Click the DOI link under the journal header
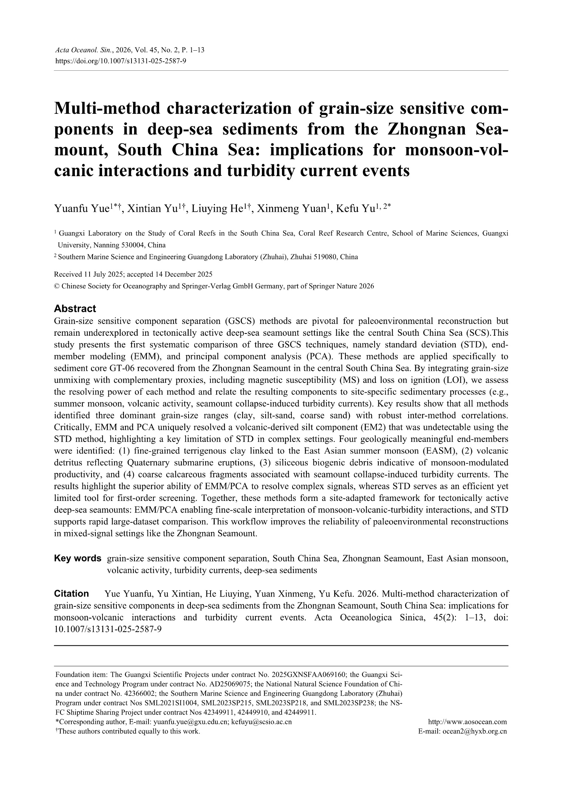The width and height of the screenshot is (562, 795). point(120,60)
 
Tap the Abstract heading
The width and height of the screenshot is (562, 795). point(75,308)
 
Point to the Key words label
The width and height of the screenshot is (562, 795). point(77,558)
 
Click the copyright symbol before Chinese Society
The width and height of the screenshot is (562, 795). point(57,286)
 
